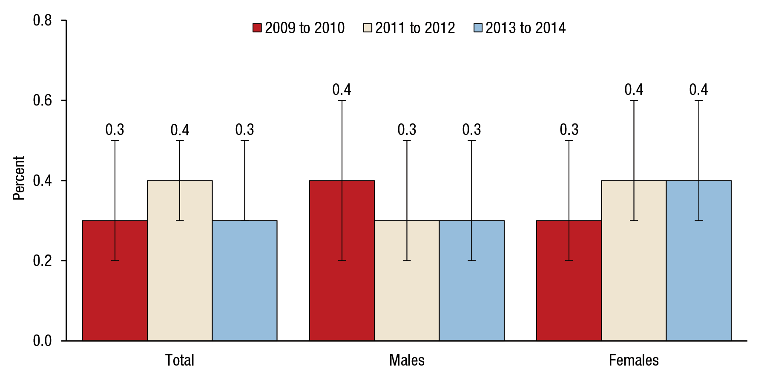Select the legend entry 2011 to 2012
click(409, 28)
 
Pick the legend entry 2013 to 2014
click(520, 28)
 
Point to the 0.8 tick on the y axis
click(42, 20)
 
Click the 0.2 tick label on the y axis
click(42, 260)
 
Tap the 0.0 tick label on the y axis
click(42, 340)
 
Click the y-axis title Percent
click(19, 178)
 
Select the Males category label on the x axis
click(407, 360)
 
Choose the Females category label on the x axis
click(634, 360)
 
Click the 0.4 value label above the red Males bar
click(342, 90)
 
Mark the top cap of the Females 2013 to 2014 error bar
click(699, 100)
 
